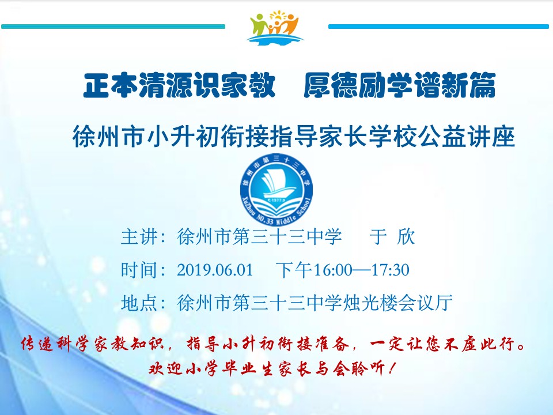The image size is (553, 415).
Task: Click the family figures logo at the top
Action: pos(275,28)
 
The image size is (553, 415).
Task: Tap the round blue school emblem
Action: pos(276,190)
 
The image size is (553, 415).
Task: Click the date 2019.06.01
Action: pos(215,270)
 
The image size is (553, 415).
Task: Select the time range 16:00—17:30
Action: pos(361,270)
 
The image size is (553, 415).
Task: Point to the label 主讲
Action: pos(139,237)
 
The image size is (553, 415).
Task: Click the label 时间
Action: pos(139,270)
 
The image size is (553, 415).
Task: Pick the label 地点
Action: pos(139,303)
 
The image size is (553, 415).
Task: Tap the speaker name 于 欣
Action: pos(392,237)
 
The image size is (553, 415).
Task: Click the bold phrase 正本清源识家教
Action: pos(179,85)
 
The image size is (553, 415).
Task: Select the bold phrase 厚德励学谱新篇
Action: pos(400,85)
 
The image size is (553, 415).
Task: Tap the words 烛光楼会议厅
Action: pos(397,303)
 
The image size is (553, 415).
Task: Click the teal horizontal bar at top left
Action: pos(113,27)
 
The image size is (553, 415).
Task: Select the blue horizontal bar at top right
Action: pos(439,27)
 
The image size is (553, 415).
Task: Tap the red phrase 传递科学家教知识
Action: pos(92,344)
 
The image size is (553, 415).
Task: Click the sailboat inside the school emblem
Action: pos(276,183)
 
